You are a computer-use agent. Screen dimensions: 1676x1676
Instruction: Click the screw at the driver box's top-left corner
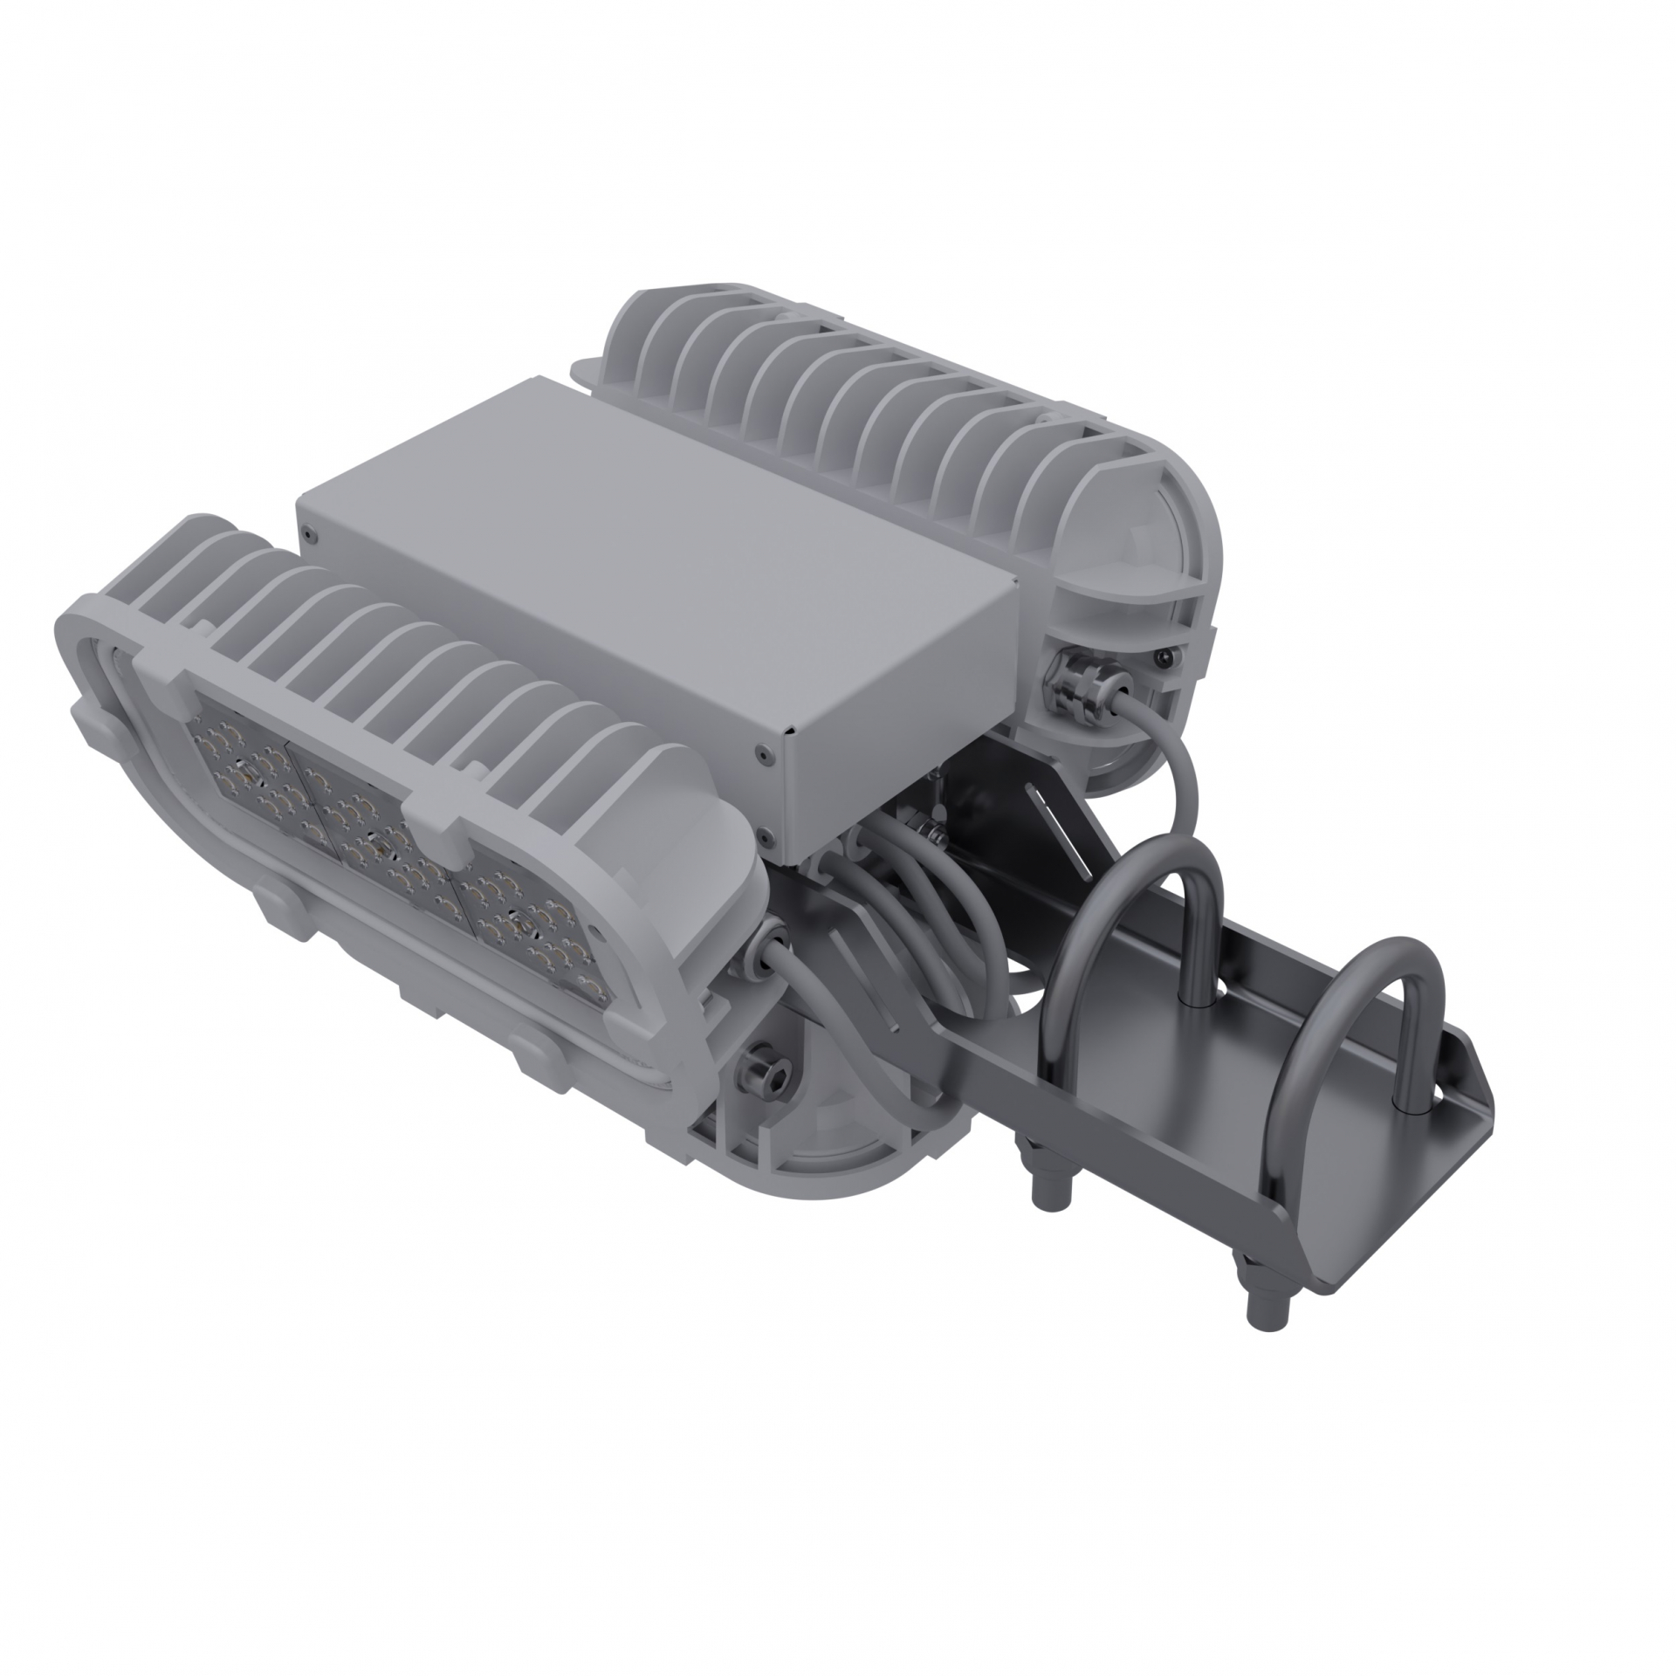pos(307,527)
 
